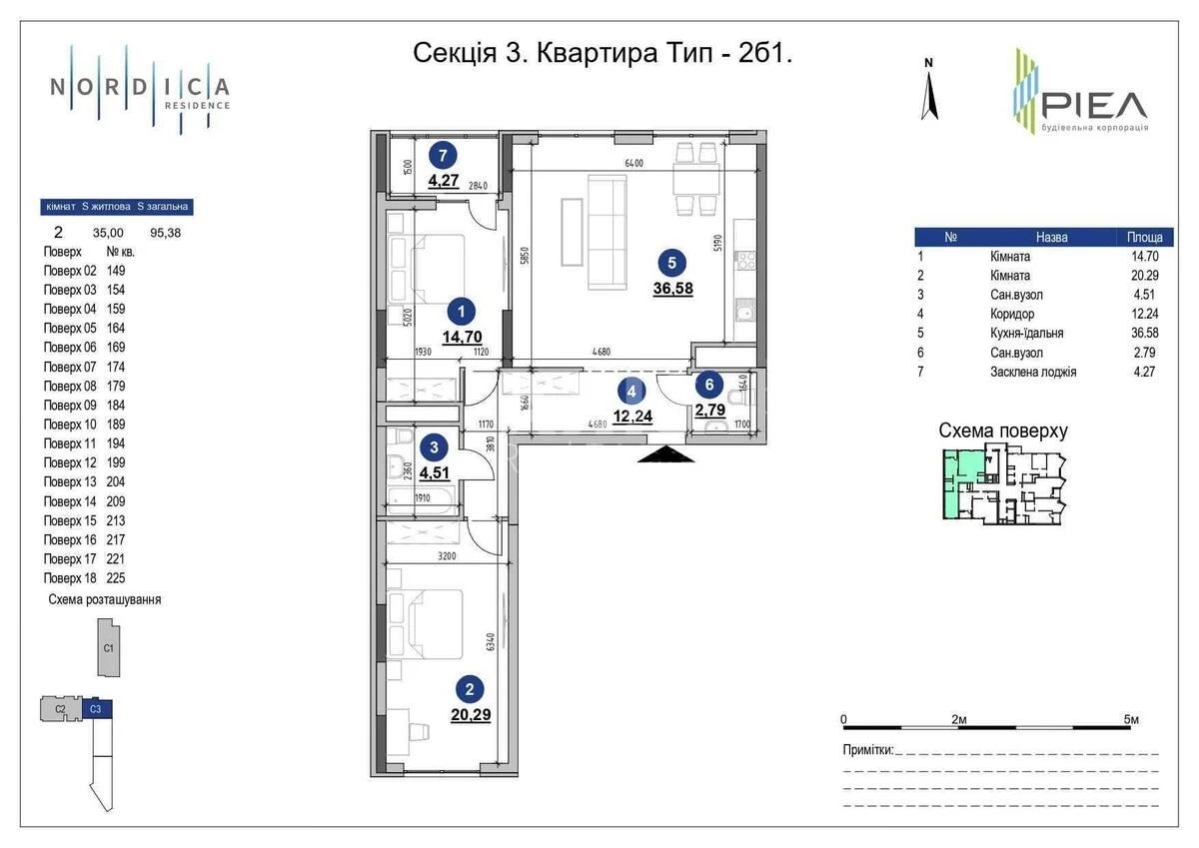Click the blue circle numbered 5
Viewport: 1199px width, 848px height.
pyautogui.click(x=671, y=263)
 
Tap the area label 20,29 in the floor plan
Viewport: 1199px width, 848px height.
pyautogui.click(x=470, y=715)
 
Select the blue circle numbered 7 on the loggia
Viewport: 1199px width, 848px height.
pyautogui.click(x=443, y=155)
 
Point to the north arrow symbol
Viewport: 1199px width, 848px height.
pyautogui.click(x=929, y=90)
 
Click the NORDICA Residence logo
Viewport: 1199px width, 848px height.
pyautogui.click(x=140, y=89)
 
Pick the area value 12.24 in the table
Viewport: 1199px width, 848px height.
pyautogui.click(x=1143, y=314)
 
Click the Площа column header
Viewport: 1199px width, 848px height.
pyautogui.click(x=1144, y=238)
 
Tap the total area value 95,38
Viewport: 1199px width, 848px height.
pyautogui.click(x=165, y=232)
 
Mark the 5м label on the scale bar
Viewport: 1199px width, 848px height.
pyautogui.click(x=1131, y=719)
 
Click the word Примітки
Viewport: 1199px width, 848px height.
pyautogui.click(x=866, y=750)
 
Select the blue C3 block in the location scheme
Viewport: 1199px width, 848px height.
pyautogui.click(x=96, y=709)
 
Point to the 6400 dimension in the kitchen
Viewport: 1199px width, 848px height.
pyautogui.click(x=633, y=164)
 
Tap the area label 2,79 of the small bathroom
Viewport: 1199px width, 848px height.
pyautogui.click(x=710, y=411)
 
